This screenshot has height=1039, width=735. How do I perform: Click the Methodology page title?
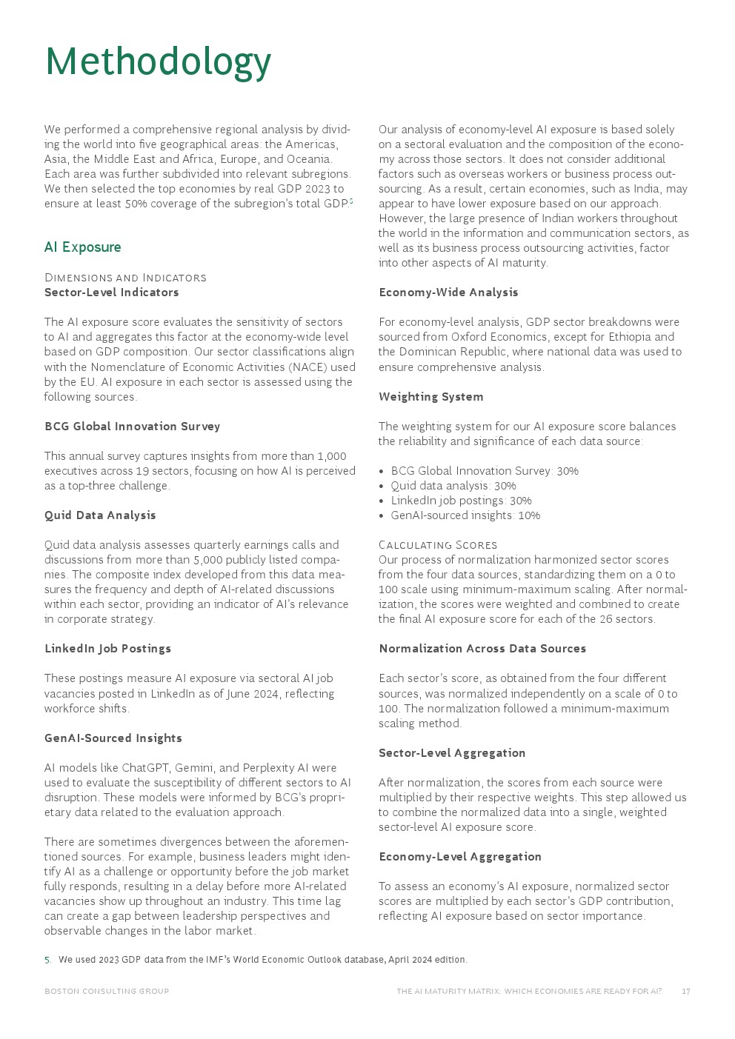(158, 61)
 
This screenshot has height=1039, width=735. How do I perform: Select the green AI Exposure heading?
(82, 247)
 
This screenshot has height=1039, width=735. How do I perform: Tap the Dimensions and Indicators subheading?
(125, 278)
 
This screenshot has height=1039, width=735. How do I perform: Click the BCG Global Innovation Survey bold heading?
(132, 427)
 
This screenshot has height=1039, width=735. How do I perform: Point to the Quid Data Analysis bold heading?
(100, 515)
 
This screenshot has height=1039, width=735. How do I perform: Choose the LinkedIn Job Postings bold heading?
(107, 649)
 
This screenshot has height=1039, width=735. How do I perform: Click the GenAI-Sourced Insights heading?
(113, 738)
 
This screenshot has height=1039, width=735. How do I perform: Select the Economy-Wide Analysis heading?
(448, 293)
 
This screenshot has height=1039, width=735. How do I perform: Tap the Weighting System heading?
(430, 397)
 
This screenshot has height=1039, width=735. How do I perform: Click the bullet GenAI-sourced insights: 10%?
(465, 515)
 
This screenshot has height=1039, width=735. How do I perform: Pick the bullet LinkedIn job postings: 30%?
(461, 501)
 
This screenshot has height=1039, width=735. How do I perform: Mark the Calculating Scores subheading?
(437, 545)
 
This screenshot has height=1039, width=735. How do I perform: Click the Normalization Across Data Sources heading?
(482, 649)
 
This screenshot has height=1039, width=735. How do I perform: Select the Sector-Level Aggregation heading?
(452, 753)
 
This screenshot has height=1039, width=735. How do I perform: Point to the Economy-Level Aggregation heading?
(459, 857)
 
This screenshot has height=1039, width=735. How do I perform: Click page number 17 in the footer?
(685, 992)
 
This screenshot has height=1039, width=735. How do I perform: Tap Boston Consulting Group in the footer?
(107, 992)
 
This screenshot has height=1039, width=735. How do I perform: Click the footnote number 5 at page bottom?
(47, 960)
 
